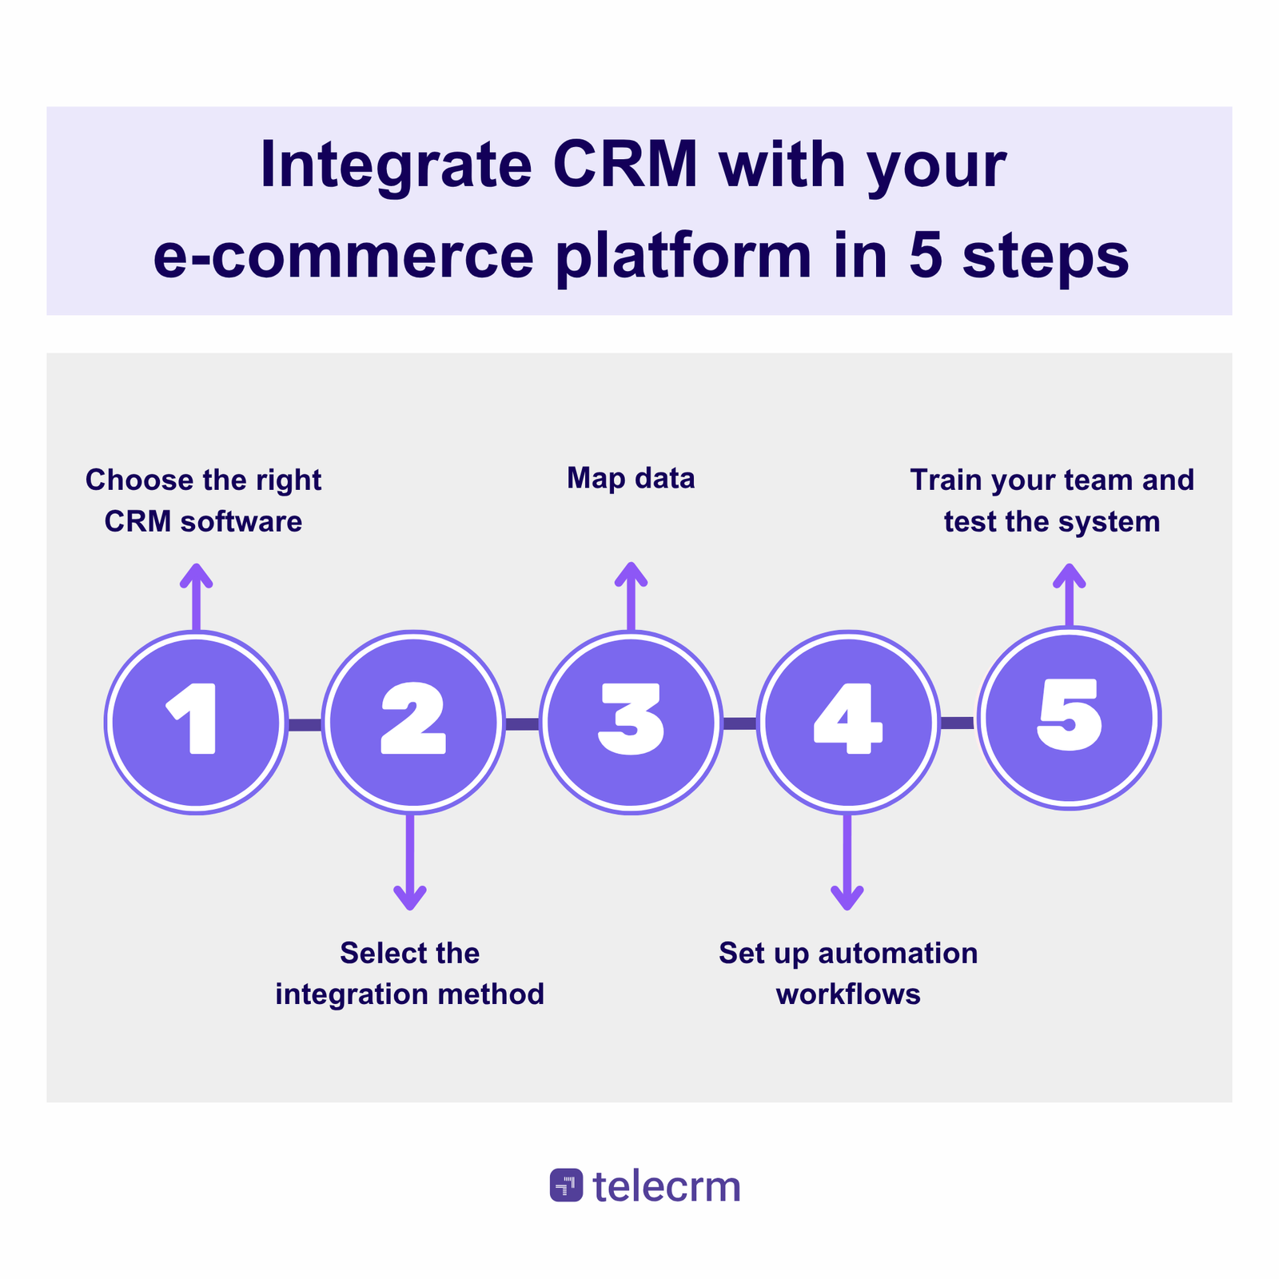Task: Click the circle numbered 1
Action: pos(196,722)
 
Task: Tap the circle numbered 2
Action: pos(413,722)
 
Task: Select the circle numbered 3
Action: pos(631,722)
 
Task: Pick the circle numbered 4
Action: pos(848,722)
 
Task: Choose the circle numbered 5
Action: pos(1069,717)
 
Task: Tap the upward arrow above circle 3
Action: pos(631,596)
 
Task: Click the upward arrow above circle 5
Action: pos(1069,596)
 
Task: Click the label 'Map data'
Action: pos(631,478)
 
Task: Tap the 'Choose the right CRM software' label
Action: pos(203,500)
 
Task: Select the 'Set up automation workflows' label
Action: pos(848,973)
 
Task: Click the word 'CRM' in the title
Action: pos(625,165)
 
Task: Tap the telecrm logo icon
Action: pos(566,1185)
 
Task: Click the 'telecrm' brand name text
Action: pos(667,1186)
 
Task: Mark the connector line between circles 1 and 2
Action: pos(305,725)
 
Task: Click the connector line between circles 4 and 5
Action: pos(957,723)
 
